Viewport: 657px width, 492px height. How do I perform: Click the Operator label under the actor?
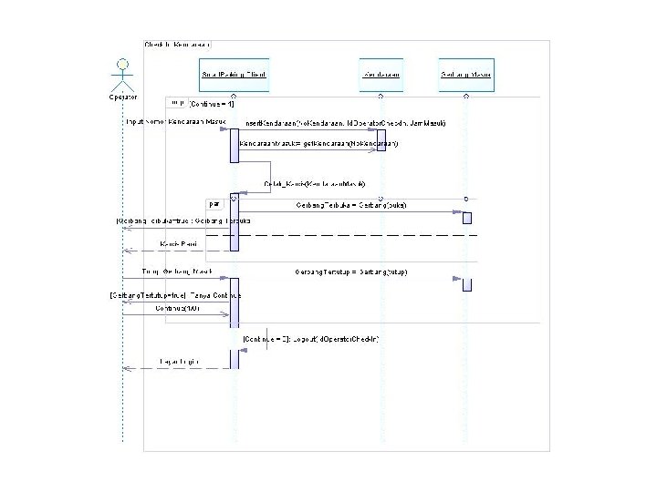[121, 96]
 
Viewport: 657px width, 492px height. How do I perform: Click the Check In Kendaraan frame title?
[178, 44]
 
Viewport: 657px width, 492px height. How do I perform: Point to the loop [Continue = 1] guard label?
[210, 105]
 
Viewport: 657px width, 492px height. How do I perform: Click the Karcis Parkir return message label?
[178, 244]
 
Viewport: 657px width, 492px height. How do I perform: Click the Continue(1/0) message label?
[177, 309]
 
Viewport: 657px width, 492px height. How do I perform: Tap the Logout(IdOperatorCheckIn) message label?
[311, 339]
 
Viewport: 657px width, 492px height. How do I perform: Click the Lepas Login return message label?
[179, 363]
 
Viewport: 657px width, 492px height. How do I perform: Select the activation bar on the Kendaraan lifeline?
[381, 140]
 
